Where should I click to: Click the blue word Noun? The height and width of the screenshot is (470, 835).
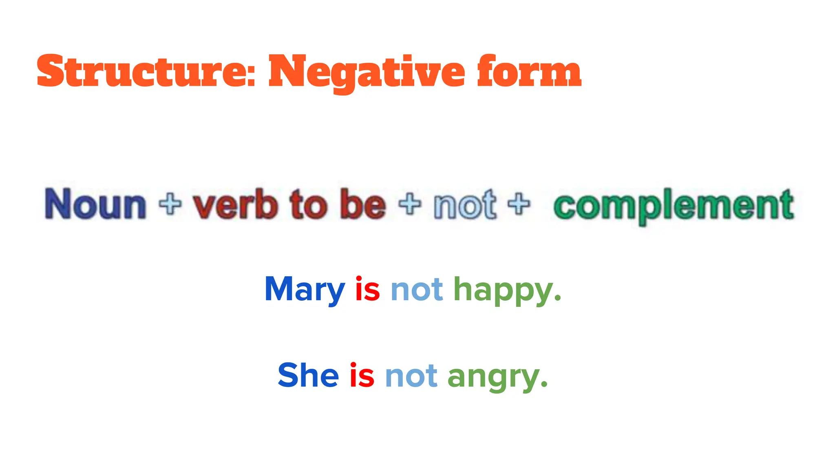click(x=95, y=204)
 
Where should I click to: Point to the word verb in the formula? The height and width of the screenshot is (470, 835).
click(x=235, y=204)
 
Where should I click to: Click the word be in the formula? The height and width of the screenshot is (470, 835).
click(x=363, y=204)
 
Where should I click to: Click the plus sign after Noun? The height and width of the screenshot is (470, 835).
click(x=170, y=204)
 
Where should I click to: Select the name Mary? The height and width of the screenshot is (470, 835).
click(x=305, y=290)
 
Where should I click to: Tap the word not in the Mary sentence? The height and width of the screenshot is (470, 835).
click(x=417, y=290)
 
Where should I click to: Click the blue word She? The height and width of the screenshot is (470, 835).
click(x=308, y=375)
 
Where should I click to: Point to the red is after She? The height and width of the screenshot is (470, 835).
click(x=362, y=375)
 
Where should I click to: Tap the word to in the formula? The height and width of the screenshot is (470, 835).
click(x=309, y=204)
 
